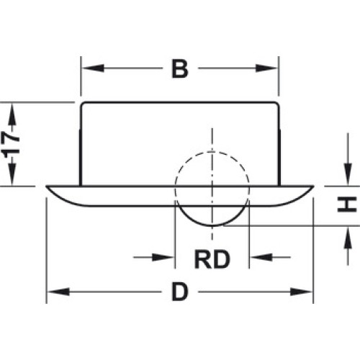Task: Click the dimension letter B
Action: tap(180, 69)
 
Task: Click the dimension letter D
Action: tap(180, 292)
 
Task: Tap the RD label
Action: tap(212, 259)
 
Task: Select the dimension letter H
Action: tap(346, 204)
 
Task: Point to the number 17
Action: tap(11, 144)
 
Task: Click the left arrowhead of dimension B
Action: tap(93, 68)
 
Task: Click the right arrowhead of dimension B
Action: tap(266, 68)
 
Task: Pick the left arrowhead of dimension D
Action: tap(58, 292)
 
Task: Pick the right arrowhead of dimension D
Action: tap(301, 292)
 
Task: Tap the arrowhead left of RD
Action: tap(163, 257)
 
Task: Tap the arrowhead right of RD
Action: tap(261, 257)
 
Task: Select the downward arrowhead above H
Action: tap(348, 174)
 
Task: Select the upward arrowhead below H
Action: tap(348, 238)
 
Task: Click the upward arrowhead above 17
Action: tap(12, 114)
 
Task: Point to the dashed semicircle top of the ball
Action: tap(212, 152)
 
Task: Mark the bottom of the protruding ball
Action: tap(212, 226)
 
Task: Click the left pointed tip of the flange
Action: tap(46, 186)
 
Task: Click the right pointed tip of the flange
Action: tap(313, 186)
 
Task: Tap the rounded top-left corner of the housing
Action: tap(82, 104)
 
